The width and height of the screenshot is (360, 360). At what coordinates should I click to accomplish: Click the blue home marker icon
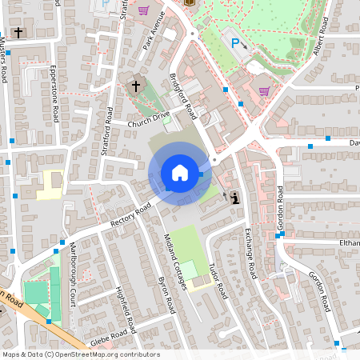(x=179, y=172)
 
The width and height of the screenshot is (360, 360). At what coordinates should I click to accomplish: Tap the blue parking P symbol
(x=235, y=42)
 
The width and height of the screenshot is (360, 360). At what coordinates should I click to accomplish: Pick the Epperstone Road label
(x=54, y=93)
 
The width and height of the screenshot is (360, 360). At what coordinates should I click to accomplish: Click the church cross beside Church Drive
(x=136, y=85)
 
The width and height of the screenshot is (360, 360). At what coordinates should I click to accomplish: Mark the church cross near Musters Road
(x=18, y=34)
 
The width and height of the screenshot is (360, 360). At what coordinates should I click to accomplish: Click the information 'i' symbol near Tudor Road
(x=234, y=197)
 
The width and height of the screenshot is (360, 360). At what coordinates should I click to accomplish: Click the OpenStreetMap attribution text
(x=80, y=354)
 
